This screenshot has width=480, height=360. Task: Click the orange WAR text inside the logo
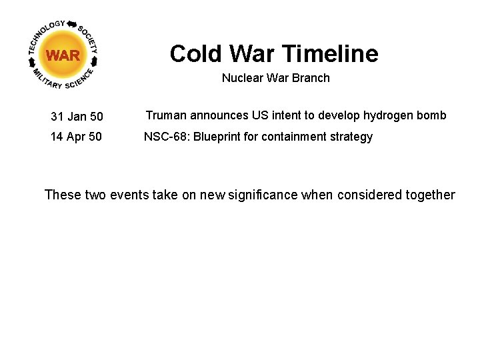click(63, 55)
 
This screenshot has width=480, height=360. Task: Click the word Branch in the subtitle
click(313, 78)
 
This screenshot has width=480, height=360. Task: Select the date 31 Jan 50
click(77, 117)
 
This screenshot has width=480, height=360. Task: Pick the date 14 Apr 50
click(76, 137)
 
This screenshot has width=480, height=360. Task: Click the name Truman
click(164, 115)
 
